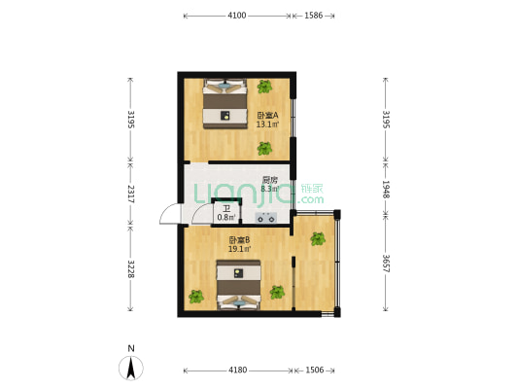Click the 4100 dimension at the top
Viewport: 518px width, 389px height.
point(237,16)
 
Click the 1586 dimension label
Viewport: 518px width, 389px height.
point(314,16)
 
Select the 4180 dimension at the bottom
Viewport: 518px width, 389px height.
point(238,371)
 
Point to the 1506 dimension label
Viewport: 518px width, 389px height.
point(315,371)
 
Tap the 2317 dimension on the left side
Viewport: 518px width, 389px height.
point(131,194)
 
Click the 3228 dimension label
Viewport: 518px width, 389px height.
point(131,269)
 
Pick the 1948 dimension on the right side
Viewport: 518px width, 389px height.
point(386,190)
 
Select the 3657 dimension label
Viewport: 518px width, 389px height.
point(386,264)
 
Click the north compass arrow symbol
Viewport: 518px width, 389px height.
point(131,369)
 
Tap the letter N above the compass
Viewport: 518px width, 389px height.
point(131,348)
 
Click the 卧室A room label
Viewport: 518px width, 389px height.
point(267,116)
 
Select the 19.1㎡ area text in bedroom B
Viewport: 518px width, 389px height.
point(239,249)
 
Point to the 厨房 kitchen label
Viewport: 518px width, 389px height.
point(270,180)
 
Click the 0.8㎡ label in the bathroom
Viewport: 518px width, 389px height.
point(226,218)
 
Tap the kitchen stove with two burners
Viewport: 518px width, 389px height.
point(266,218)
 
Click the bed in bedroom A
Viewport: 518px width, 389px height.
point(224,103)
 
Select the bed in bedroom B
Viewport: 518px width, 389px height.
point(238,285)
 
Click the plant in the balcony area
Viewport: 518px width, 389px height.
point(318,238)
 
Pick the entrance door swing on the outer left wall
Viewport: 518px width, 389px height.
point(170,214)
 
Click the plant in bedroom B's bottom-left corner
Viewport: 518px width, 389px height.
point(196,297)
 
